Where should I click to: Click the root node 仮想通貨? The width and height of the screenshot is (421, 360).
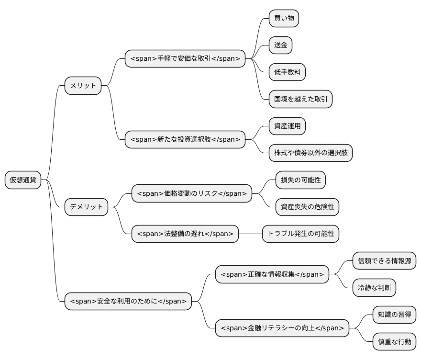[x=23, y=180]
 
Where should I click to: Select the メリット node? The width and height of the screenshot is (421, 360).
[x=83, y=86]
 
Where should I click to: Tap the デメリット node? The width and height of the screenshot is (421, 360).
[x=86, y=207]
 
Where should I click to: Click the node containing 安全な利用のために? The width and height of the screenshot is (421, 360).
[x=128, y=302]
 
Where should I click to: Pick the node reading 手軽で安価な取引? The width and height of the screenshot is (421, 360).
[x=185, y=58]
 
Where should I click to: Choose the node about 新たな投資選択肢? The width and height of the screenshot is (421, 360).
[x=185, y=140]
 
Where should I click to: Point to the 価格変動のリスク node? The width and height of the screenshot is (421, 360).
[x=191, y=193]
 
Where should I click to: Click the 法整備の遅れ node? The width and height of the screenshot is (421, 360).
[x=185, y=234]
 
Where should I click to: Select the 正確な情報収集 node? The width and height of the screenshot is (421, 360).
[x=272, y=274]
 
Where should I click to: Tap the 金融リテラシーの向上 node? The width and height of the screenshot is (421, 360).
[x=282, y=328]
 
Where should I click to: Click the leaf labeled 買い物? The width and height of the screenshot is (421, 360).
[x=284, y=19]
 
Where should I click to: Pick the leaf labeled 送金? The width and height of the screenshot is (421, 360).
[x=280, y=45]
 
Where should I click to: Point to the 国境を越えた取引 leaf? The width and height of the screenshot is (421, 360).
[x=300, y=99]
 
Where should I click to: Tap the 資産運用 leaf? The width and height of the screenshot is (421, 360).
[x=287, y=126]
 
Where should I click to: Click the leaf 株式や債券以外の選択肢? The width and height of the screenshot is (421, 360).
[x=310, y=153]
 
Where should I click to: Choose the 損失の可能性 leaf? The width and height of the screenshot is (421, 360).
[x=300, y=180]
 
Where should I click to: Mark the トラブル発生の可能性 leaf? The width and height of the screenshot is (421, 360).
[x=300, y=234]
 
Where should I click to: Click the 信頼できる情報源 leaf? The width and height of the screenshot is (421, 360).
[x=384, y=261]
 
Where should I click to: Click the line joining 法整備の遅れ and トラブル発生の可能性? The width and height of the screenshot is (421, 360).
[x=250, y=234]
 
